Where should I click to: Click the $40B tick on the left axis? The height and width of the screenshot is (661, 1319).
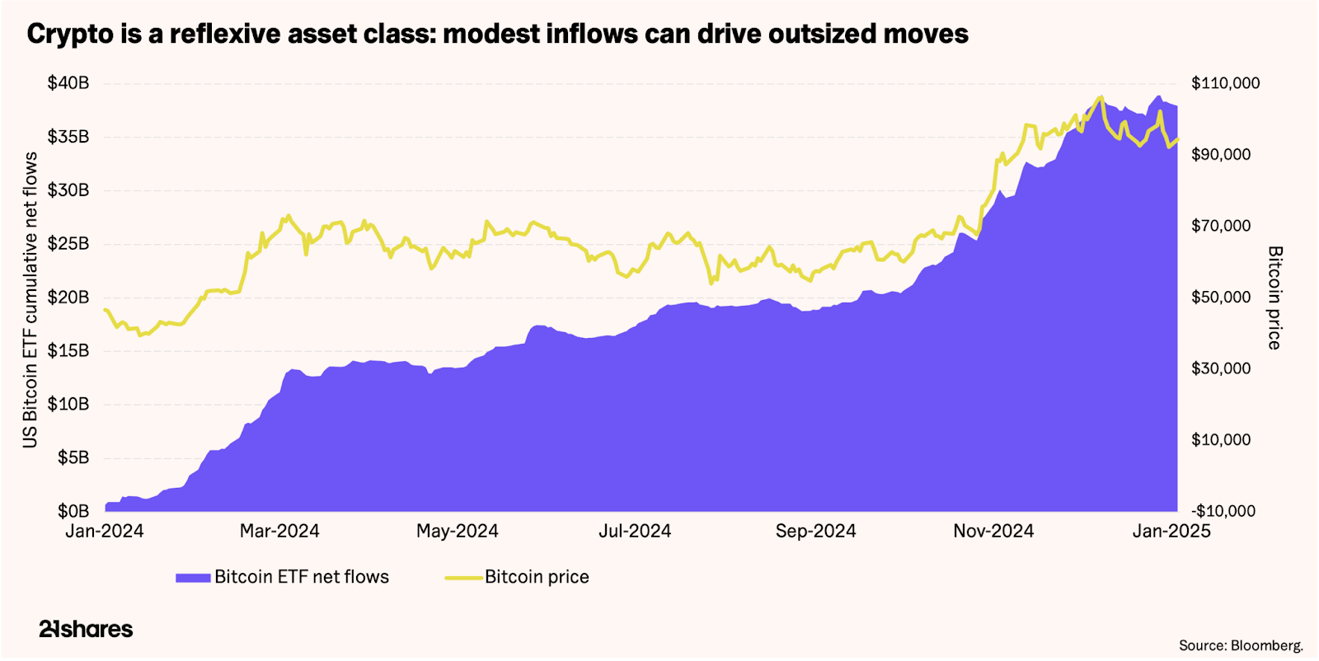(68, 83)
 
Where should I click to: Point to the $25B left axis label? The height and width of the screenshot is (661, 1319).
(68, 244)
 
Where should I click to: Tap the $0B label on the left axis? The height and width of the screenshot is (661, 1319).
(73, 511)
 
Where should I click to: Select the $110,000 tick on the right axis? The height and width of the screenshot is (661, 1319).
(1225, 83)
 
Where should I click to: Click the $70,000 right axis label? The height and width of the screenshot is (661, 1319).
(1221, 226)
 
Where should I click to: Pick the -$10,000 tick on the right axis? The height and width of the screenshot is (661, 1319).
(1223, 511)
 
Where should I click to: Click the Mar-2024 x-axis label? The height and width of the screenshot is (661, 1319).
(279, 532)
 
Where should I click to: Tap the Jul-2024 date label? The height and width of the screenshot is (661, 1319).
(635, 532)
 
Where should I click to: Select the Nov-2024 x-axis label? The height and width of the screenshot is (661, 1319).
(993, 532)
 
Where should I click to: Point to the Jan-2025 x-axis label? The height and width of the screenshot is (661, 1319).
(1171, 532)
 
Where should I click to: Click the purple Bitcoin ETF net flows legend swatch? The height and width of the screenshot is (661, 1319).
(193, 578)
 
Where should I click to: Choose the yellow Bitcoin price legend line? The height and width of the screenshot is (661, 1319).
(463, 578)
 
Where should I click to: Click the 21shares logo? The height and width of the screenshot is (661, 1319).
(86, 629)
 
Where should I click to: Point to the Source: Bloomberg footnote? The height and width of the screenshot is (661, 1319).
(1241, 645)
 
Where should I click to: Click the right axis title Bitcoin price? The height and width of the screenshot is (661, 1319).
(1274, 298)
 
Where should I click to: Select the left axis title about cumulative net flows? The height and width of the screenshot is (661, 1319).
(31, 299)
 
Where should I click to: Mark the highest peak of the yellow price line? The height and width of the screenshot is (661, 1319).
(1101, 97)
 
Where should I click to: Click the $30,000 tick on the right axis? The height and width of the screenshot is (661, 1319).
(1221, 368)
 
